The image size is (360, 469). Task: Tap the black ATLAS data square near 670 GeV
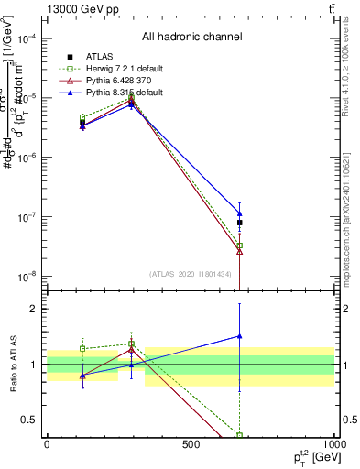239,223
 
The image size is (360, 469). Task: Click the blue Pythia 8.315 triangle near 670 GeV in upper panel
239,213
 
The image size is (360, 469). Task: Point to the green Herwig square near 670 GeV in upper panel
239,245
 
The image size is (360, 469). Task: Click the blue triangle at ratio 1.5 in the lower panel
239,336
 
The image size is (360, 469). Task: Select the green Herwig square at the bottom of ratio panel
239,435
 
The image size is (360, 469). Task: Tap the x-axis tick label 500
191,444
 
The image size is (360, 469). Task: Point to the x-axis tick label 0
47,444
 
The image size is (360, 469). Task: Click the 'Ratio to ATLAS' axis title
13,365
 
